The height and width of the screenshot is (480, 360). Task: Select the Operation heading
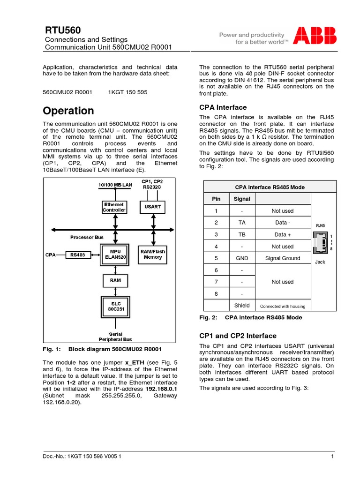tap(68, 111)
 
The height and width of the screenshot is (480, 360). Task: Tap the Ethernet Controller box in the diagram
tap(114, 207)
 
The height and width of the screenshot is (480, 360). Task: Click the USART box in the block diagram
tap(153, 207)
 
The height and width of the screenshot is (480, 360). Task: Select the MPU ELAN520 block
tap(115, 254)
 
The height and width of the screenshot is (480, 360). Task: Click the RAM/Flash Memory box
tap(153, 254)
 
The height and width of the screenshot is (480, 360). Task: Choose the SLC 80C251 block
tap(115, 307)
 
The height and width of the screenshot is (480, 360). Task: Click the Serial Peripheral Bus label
tap(115, 337)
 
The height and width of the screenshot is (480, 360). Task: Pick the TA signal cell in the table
tap(242, 222)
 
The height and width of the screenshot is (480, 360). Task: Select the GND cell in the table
tap(242, 258)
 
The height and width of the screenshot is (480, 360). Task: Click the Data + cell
tap(283, 234)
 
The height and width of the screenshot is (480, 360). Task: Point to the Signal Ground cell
tap(283, 258)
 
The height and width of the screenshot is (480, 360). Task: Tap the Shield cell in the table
tap(242, 306)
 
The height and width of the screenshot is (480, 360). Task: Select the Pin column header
tap(216, 199)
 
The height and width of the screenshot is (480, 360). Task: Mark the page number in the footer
tap(332, 457)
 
